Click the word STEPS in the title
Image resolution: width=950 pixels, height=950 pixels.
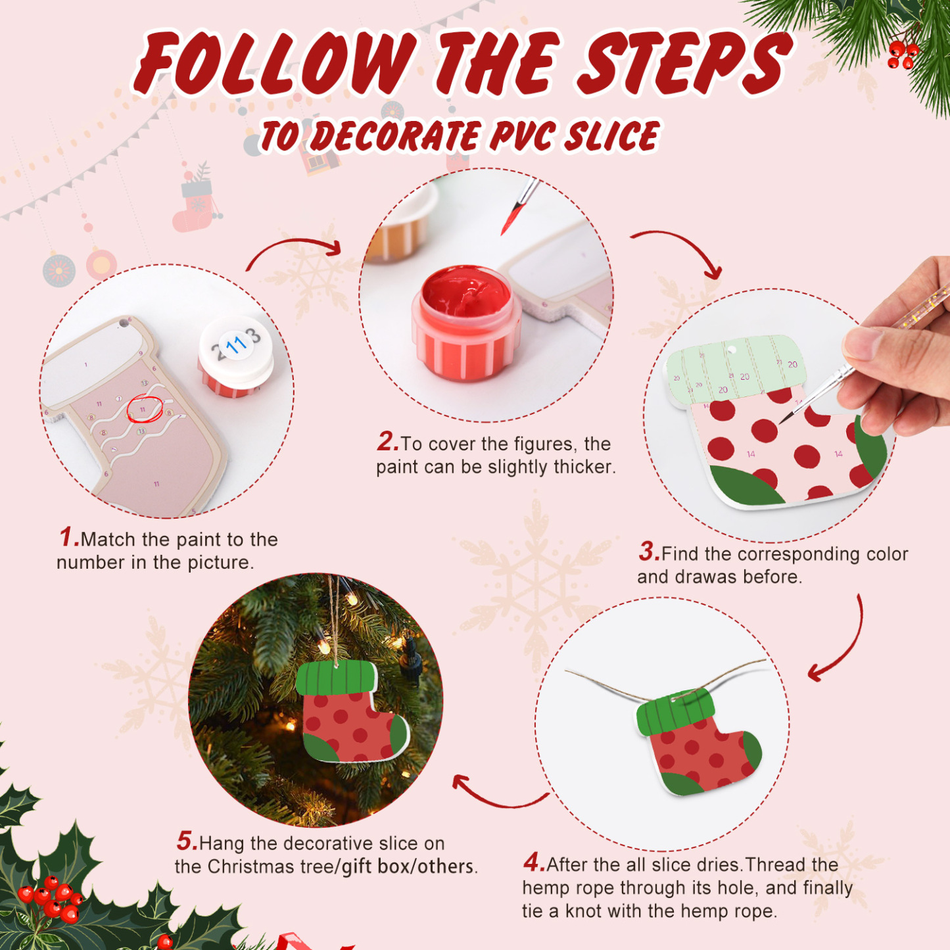click(x=684, y=64)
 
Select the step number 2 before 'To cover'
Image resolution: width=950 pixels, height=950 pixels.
click(x=387, y=442)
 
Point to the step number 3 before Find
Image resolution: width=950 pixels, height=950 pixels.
click(x=648, y=552)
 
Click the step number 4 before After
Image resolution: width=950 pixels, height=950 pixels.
click(x=533, y=862)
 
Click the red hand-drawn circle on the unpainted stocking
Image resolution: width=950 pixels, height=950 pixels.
click(x=144, y=409)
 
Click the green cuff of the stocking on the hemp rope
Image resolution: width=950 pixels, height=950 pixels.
click(x=674, y=713)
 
